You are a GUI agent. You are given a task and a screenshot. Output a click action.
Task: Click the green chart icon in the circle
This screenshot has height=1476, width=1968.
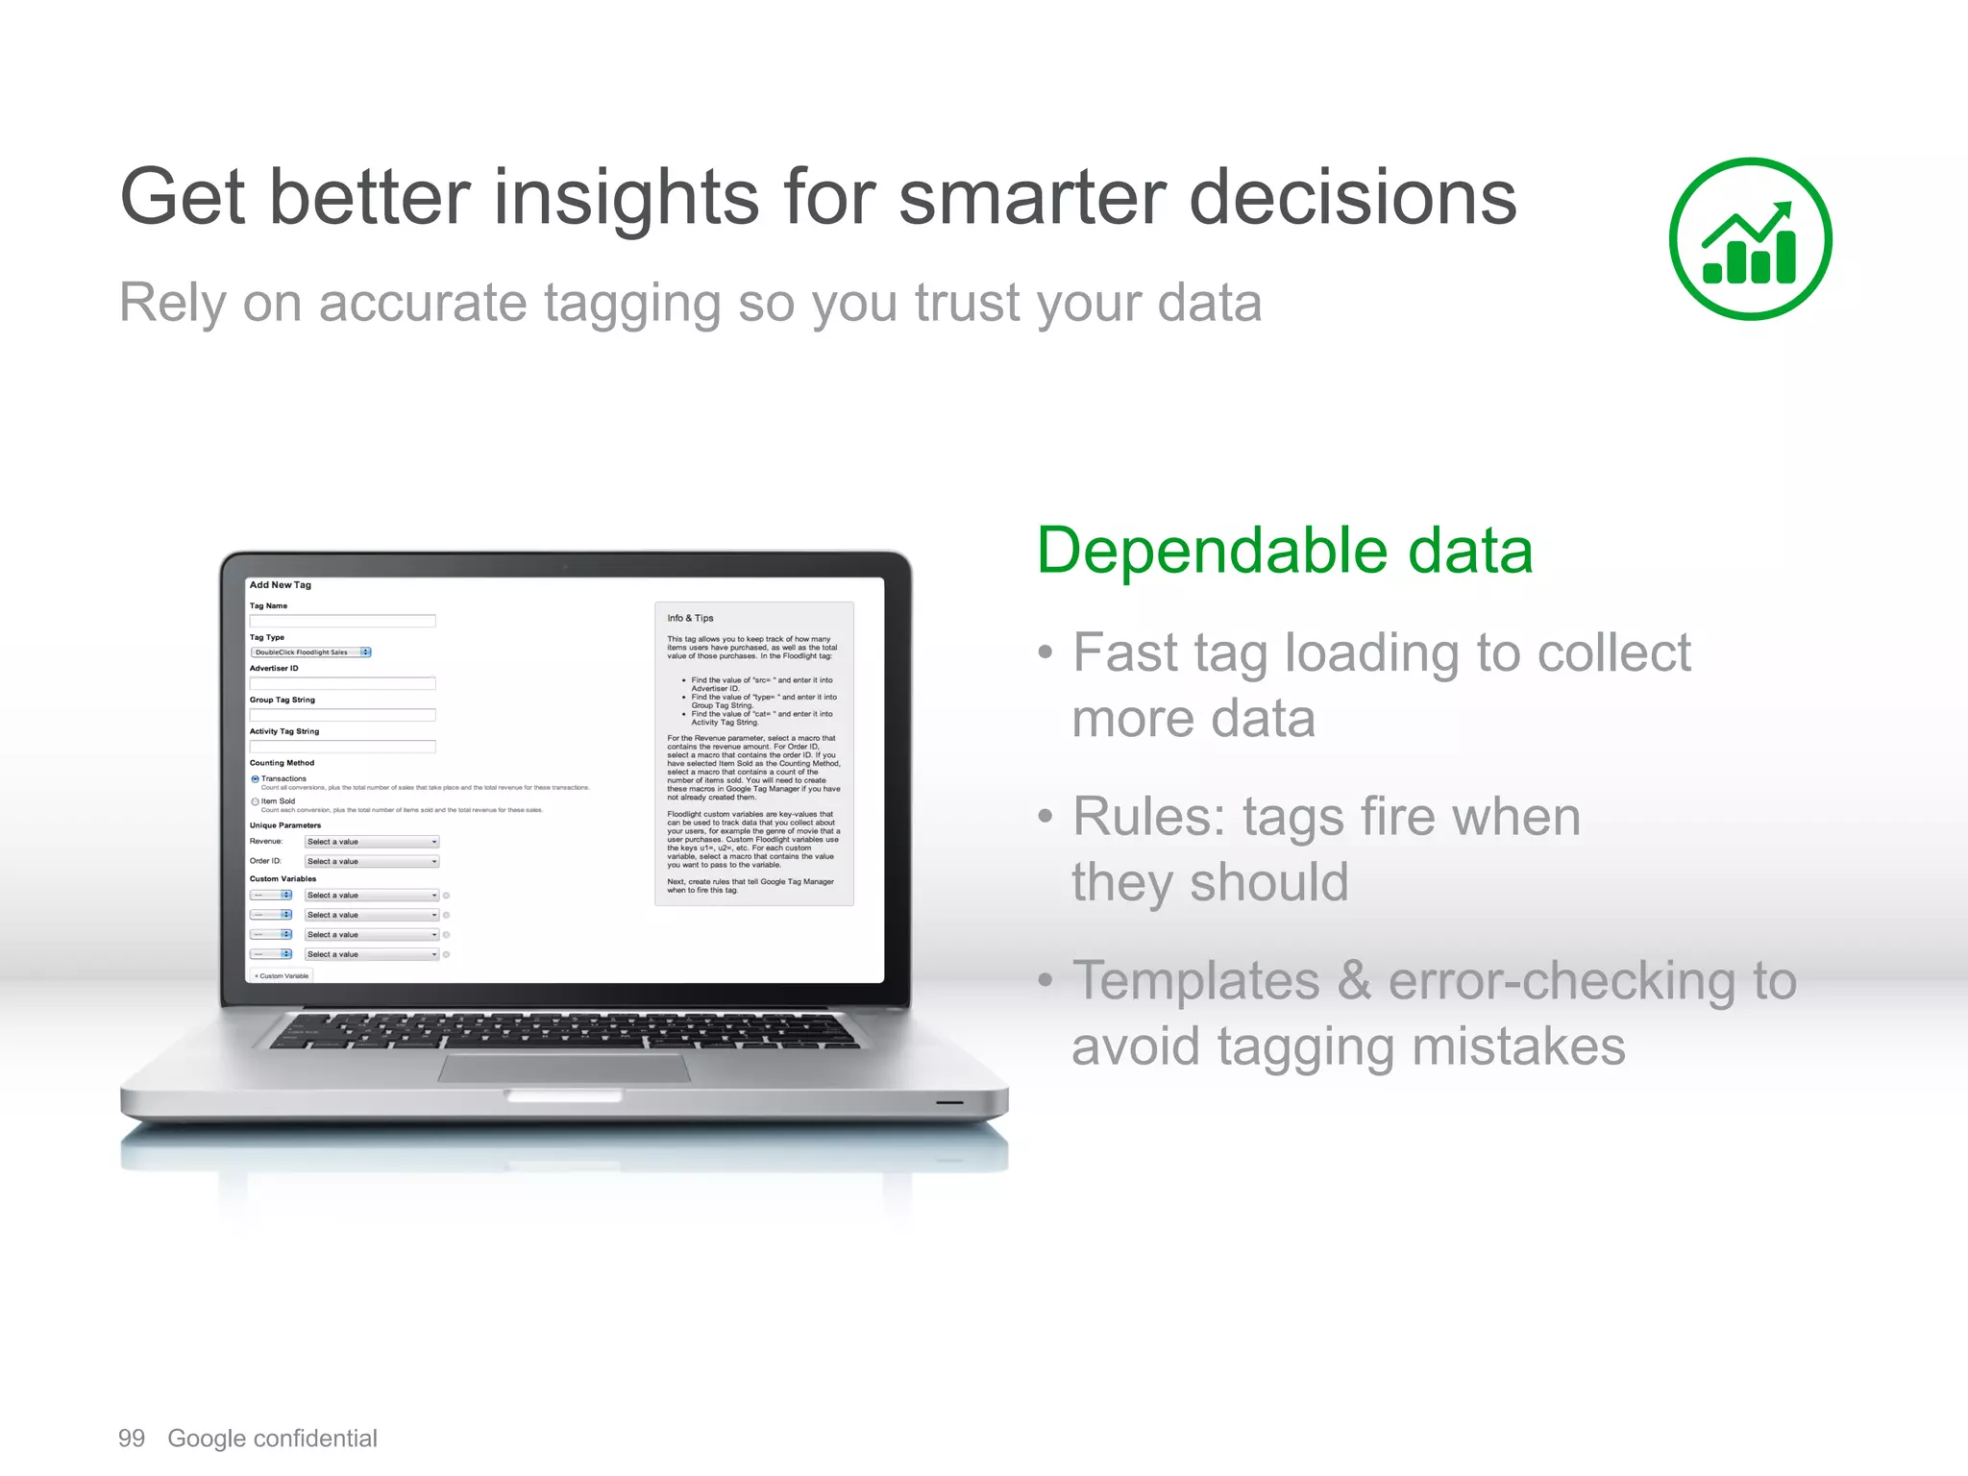1750,239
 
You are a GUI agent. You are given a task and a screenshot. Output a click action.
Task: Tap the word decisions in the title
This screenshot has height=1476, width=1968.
1352,198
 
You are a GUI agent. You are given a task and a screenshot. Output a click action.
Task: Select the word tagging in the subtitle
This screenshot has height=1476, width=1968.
631,305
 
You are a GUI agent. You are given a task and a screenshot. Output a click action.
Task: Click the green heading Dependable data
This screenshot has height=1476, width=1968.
1284,551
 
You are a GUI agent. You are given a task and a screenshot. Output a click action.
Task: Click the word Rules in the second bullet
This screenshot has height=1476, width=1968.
1148,818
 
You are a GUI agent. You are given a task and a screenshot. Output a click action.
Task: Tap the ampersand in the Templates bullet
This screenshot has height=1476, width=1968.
1354,981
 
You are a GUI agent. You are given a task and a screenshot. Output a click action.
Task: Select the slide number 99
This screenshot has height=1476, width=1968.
132,1439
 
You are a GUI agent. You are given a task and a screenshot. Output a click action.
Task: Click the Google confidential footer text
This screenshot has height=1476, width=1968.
272,1439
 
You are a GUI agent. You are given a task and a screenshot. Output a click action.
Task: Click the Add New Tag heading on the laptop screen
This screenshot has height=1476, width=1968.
280,585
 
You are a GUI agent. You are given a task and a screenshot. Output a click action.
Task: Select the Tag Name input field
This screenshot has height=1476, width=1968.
342,621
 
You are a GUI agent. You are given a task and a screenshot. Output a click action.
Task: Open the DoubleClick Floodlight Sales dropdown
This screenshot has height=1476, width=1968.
310,652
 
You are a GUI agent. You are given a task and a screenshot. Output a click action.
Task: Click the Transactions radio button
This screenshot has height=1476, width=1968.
255,779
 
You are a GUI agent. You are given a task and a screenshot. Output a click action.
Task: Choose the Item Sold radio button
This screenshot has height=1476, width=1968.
255,801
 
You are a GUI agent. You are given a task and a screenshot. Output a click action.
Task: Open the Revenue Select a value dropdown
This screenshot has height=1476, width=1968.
372,842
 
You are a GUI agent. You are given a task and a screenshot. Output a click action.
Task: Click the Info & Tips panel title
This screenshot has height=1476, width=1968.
690,619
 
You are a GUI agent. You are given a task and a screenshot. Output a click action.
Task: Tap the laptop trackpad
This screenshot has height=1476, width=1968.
564,1068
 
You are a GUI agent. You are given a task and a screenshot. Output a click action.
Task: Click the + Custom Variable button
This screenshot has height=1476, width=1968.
282,976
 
